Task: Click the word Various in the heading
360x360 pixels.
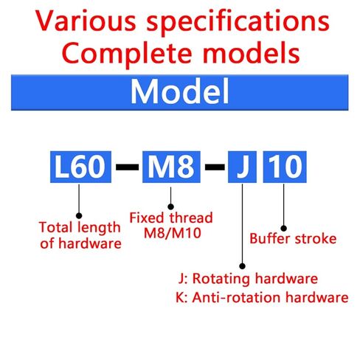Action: click(86, 21)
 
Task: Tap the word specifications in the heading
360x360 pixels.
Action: click(238, 23)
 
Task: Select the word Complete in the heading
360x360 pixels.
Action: click(126, 55)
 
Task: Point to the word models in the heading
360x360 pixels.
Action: click(251, 52)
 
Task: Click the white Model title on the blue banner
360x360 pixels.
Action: click(180, 91)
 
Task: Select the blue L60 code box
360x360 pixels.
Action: click(80, 167)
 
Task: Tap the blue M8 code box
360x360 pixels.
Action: click(171, 167)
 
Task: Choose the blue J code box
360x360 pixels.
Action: click(242, 167)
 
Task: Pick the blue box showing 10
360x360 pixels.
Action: click(285, 167)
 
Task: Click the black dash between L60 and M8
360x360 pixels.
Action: click(127, 167)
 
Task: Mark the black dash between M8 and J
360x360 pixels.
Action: click(215, 167)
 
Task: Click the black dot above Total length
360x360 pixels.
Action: click(79, 215)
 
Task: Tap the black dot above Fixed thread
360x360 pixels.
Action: click(170, 207)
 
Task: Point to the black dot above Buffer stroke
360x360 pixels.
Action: click(283, 228)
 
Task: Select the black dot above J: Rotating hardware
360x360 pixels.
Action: click(242, 266)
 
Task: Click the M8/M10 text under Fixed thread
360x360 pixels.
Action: click(173, 233)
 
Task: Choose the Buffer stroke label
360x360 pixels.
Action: click(293, 238)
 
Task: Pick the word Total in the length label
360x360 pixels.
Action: click(54, 227)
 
